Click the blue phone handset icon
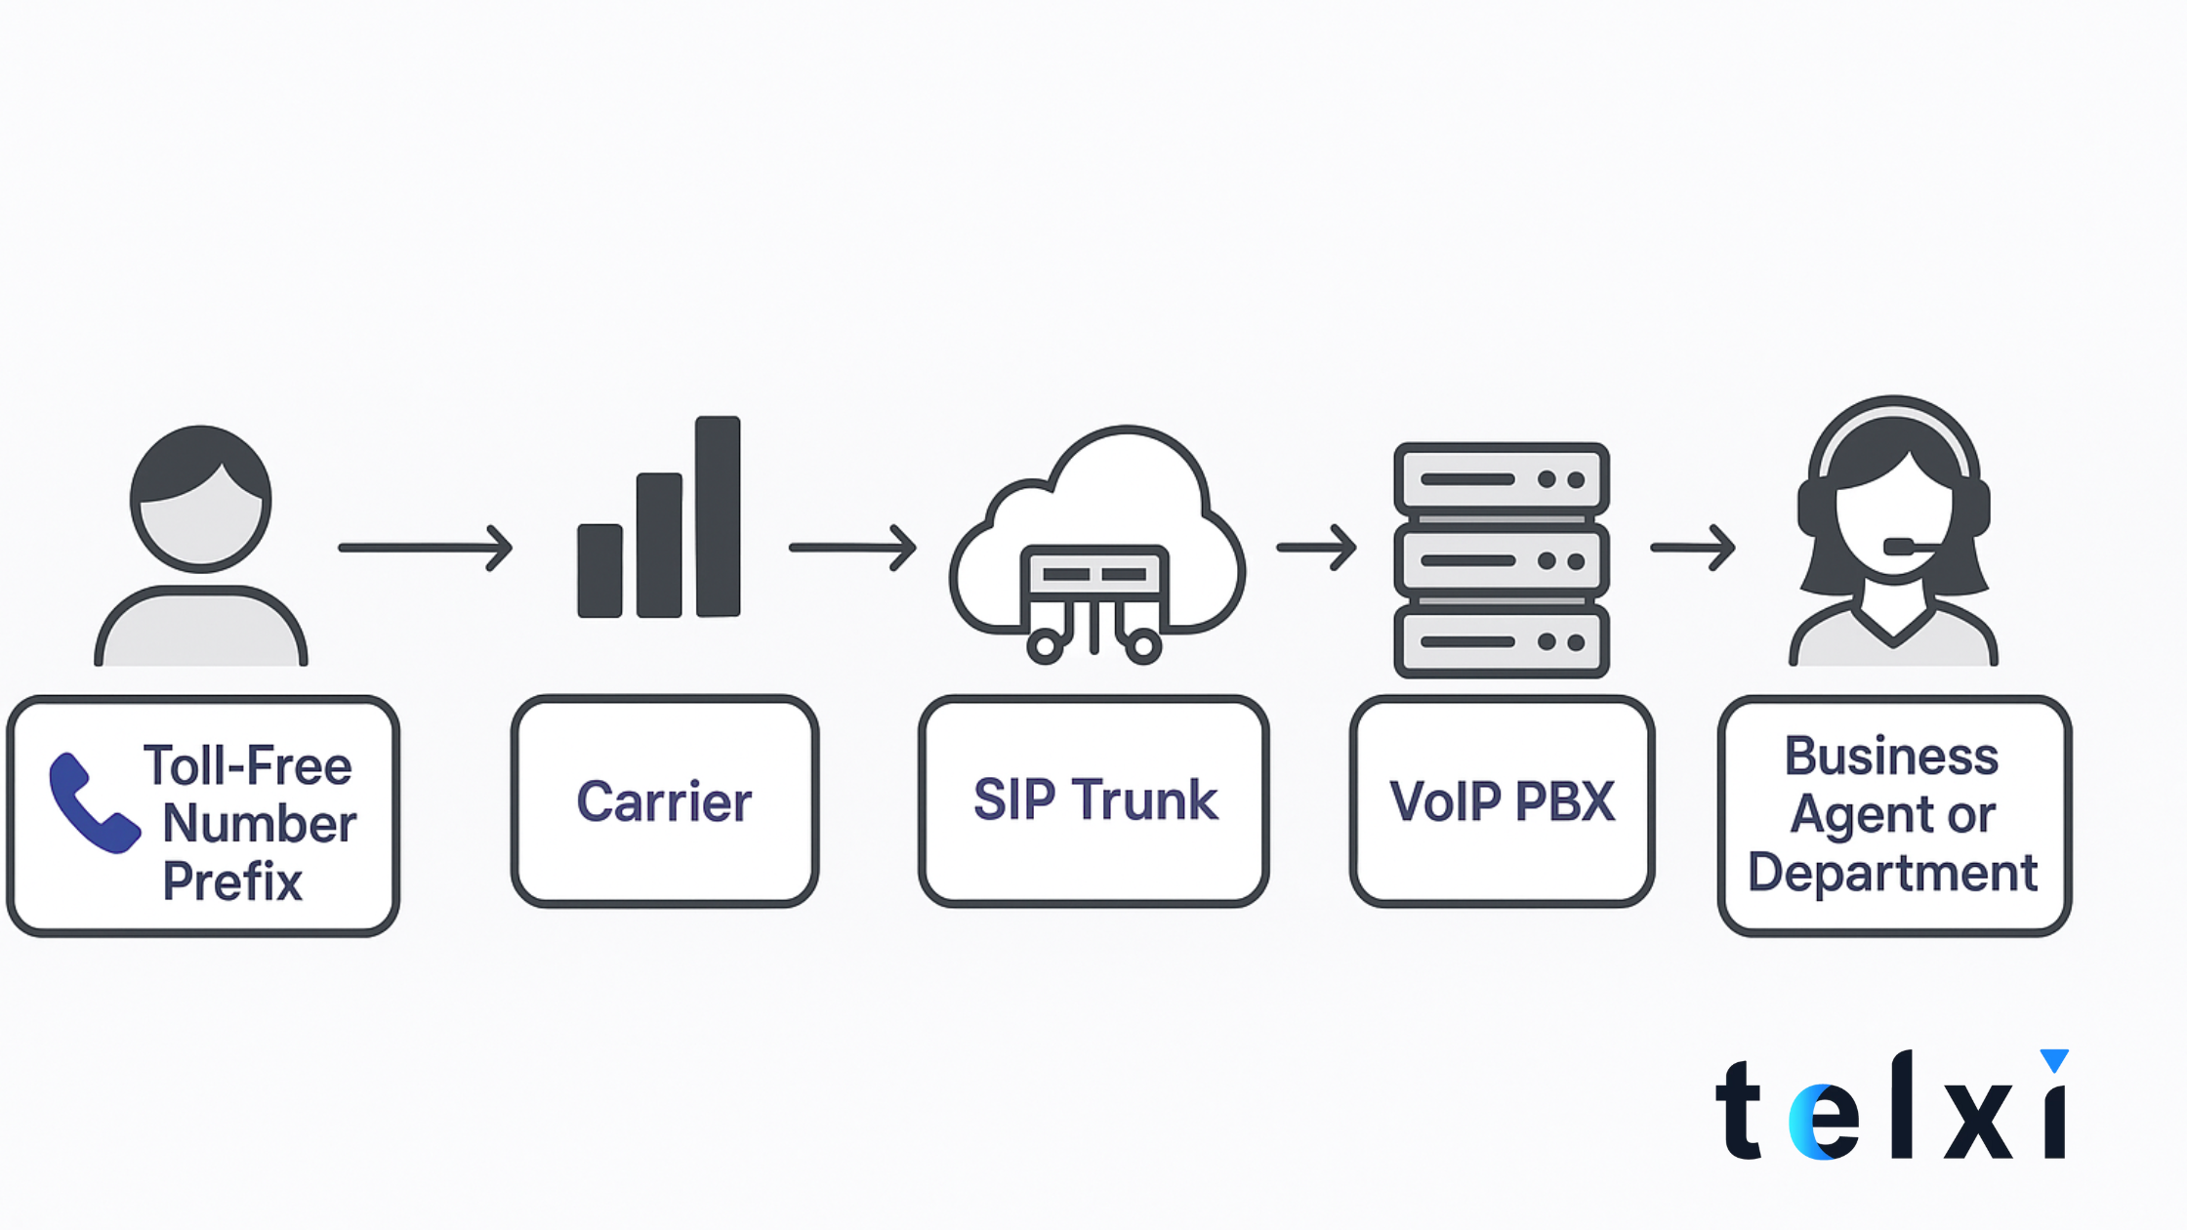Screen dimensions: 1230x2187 (x=93, y=803)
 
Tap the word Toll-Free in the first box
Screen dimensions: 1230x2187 (x=247, y=765)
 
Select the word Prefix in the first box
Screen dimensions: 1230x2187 (x=232, y=881)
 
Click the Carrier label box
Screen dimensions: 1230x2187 (x=664, y=801)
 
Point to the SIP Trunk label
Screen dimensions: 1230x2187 (x=1094, y=800)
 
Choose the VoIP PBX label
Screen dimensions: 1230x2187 (x=1502, y=801)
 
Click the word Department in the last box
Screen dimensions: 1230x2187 (x=1892, y=873)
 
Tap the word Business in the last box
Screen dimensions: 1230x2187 (x=1891, y=757)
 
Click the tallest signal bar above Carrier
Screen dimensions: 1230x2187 (x=718, y=516)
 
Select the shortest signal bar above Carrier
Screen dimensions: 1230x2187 (x=599, y=571)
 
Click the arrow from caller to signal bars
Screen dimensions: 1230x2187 (x=426, y=548)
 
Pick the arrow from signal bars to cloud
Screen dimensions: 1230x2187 (x=852, y=548)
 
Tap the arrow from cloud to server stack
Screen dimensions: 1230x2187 (x=1316, y=548)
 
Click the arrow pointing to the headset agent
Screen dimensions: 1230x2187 (x=1692, y=548)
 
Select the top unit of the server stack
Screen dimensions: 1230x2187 (x=1502, y=479)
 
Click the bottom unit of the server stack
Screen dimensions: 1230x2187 (x=1502, y=641)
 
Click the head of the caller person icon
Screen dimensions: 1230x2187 (x=201, y=498)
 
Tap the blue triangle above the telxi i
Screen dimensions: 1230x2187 (x=2054, y=1059)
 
